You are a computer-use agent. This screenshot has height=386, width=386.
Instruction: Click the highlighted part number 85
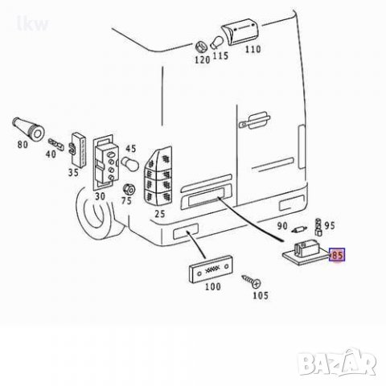(x=337, y=255)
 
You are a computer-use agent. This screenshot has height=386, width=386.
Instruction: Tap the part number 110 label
(x=253, y=49)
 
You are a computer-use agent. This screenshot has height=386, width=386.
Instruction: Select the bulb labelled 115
(x=216, y=43)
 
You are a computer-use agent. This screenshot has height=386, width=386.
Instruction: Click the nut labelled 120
(x=201, y=47)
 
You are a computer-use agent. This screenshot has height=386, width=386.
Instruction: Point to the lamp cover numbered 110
(x=240, y=31)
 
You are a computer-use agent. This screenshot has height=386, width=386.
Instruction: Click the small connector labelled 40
(x=56, y=145)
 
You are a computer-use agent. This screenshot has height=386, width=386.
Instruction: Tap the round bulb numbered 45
(x=129, y=163)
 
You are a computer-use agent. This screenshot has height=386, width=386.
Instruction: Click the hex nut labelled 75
(x=129, y=190)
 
